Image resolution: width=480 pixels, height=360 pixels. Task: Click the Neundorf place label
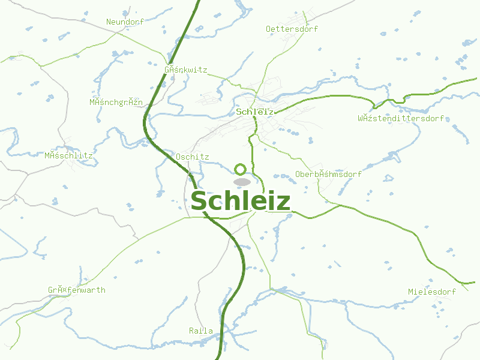coord(126,22)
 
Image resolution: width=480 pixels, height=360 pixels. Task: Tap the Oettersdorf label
coord(292,29)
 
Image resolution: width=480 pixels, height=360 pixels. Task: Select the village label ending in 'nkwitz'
coord(185,70)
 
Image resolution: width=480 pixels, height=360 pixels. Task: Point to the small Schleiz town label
coord(255,112)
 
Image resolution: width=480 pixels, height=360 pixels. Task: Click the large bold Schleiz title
coord(241,202)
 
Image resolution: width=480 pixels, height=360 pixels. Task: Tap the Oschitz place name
coord(192,157)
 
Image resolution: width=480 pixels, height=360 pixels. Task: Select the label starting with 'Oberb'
coord(328,175)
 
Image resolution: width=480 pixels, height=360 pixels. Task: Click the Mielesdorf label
coord(431,292)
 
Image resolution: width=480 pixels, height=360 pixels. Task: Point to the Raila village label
coord(200,331)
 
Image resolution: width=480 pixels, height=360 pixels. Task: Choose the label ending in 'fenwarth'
coord(77,290)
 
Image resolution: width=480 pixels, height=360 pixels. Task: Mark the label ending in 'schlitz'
coord(68,155)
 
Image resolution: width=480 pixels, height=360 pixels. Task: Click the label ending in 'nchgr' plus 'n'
coord(116,102)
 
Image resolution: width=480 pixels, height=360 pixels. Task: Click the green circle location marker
coord(241,169)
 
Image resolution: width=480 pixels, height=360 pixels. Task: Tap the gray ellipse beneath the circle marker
coord(242,181)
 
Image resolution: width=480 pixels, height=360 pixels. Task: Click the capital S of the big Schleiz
coord(199,202)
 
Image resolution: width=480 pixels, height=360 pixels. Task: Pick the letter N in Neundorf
coord(109,22)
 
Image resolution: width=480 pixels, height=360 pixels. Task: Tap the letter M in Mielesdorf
coord(411,292)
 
